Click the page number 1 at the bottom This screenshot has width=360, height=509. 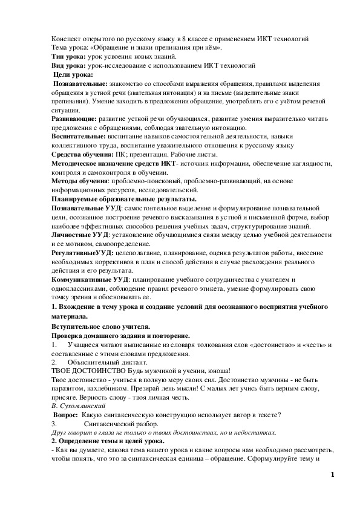332,476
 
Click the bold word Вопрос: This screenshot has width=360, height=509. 66,415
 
